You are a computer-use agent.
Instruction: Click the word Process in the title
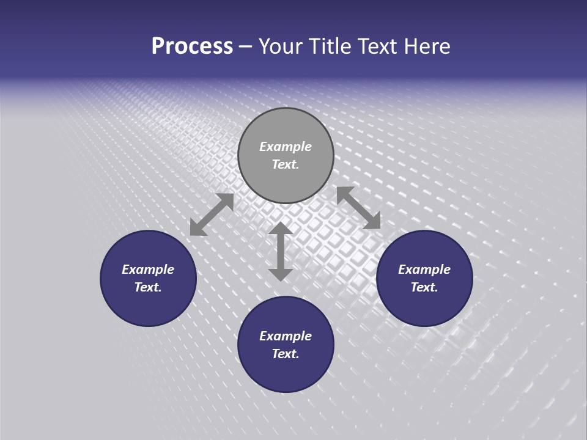click(x=192, y=46)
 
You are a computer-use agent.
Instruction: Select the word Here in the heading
click(x=427, y=46)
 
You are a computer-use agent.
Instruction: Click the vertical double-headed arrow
click(x=281, y=252)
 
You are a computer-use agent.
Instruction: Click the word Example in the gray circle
click(x=286, y=147)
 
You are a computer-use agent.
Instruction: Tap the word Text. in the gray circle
click(x=286, y=164)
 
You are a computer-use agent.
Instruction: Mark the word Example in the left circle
click(x=148, y=269)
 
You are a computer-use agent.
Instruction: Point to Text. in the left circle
click(x=148, y=287)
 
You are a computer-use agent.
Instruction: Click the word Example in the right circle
click(x=424, y=269)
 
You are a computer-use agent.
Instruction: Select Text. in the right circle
click(x=424, y=287)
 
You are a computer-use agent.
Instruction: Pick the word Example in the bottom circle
click(x=286, y=336)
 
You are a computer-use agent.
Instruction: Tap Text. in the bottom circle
click(x=286, y=354)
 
